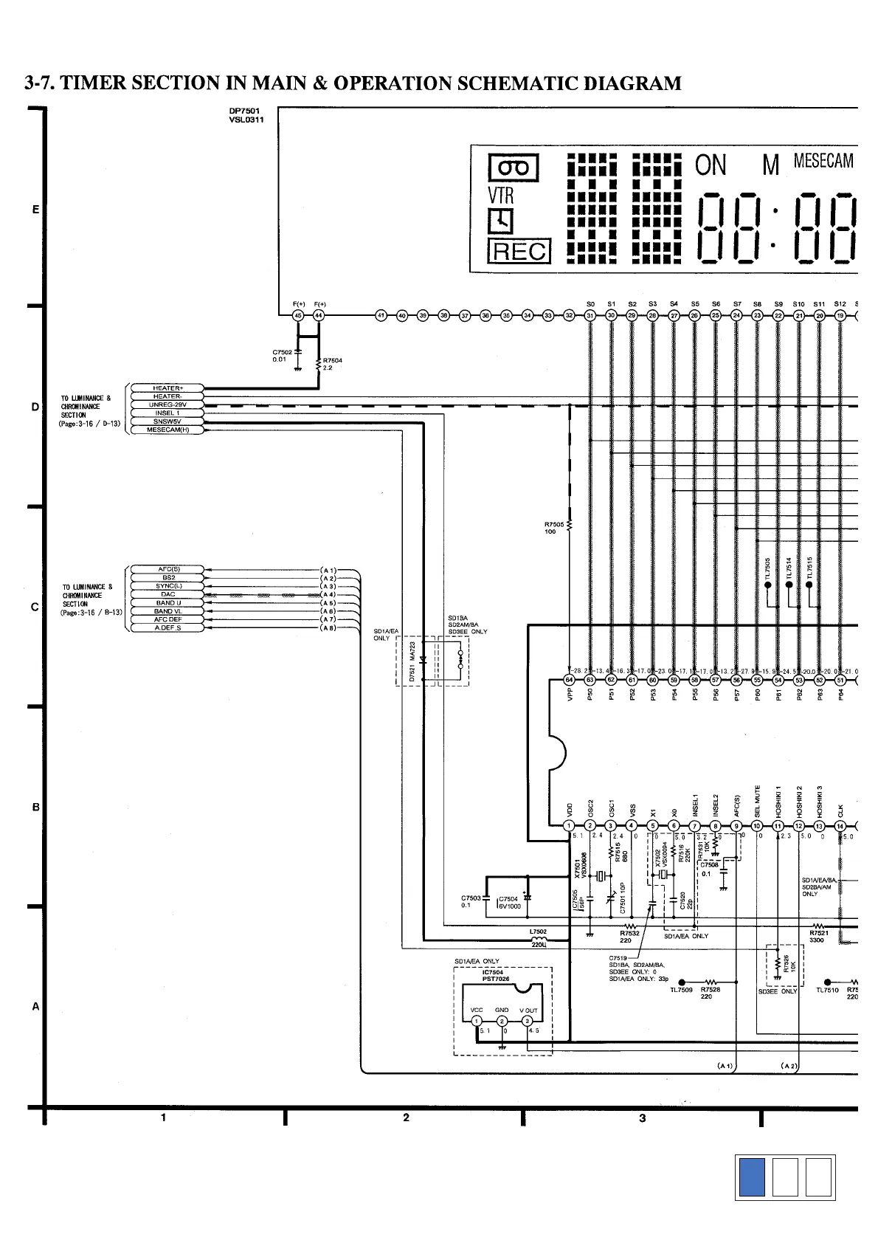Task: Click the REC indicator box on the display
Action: (x=519, y=252)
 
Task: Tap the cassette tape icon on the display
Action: (x=514, y=168)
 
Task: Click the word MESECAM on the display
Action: (x=823, y=161)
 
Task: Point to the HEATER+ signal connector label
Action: (x=167, y=388)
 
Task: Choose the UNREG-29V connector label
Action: (x=167, y=404)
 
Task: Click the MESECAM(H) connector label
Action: (x=167, y=430)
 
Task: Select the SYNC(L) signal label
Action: (x=168, y=586)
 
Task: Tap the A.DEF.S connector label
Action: (x=168, y=628)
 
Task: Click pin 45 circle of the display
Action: (x=298, y=316)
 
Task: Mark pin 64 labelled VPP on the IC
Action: (x=569, y=680)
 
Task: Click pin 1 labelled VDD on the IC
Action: (x=569, y=826)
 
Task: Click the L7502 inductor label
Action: (x=539, y=932)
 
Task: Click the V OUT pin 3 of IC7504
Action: (x=528, y=1022)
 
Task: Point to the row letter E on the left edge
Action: (x=35, y=210)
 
